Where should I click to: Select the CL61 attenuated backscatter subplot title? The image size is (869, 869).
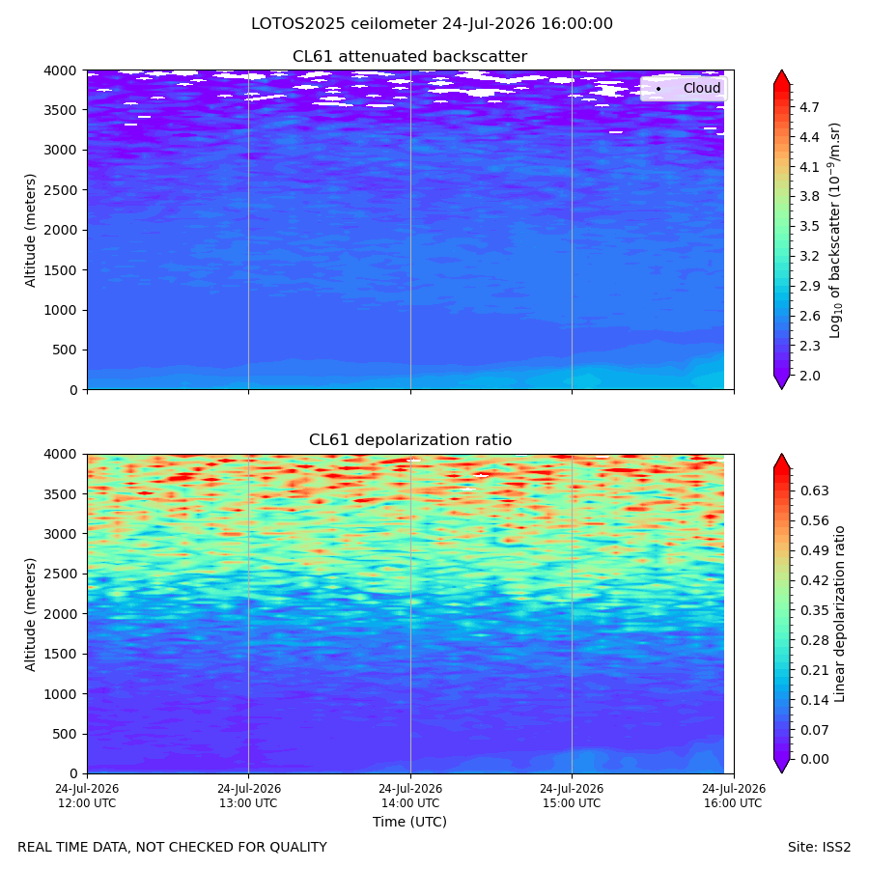(409, 57)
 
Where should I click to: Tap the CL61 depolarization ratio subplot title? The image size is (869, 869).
(410, 440)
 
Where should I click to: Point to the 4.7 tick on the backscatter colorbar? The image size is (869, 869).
(809, 107)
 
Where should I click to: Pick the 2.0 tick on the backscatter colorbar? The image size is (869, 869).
(809, 376)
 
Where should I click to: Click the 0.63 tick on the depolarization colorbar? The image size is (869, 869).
(814, 491)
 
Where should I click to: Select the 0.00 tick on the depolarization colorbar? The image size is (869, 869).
(814, 759)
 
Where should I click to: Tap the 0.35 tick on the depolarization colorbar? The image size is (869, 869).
(814, 610)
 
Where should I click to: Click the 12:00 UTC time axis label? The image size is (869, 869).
(87, 796)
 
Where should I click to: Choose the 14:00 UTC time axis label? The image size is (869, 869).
(410, 796)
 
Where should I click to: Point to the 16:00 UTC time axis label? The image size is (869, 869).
(733, 796)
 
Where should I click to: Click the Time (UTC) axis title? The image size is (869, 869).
(409, 822)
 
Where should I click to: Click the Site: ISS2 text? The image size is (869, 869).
(819, 848)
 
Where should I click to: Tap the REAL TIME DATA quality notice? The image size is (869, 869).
(173, 848)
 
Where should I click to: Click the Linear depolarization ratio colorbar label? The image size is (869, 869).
(839, 614)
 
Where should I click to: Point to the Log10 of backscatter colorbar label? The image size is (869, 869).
(834, 231)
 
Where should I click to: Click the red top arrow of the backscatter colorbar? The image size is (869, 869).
(781, 77)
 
